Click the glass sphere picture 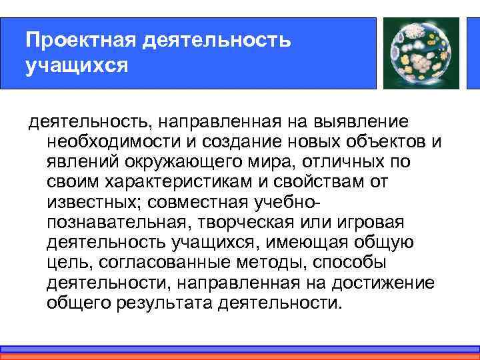(x=419, y=53)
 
